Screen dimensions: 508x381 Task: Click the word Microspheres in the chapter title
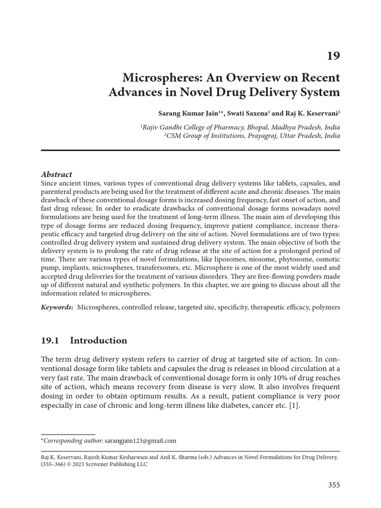pyautogui.click(x=158, y=78)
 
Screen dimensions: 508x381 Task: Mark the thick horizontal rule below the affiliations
pyautogui.click(x=190, y=150)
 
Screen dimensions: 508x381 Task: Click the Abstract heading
pyautogui.click(x=56, y=174)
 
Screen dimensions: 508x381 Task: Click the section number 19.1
pyautogui.click(x=50, y=340)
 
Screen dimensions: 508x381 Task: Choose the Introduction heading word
pyautogui.click(x=99, y=340)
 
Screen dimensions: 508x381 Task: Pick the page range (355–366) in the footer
pyautogui.click(x=55, y=464)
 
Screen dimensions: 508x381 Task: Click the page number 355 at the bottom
pyautogui.click(x=333, y=485)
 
